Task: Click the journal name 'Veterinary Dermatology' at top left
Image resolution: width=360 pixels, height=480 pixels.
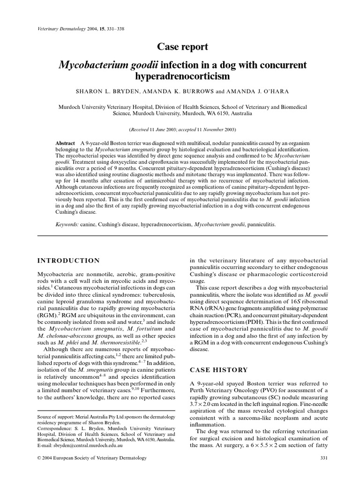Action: pyautogui.click(x=60, y=29)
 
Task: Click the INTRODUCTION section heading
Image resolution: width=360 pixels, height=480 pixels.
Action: pyautogui.click(x=68, y=261)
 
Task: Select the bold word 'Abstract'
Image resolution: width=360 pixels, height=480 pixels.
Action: pyautogui.click(x=65, y=143)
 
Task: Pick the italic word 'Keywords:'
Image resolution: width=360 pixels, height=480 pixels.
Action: pyautogui.click(x=67, y=225)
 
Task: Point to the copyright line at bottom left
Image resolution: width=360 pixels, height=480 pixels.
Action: pyautogui.click(x=92, y=457)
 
